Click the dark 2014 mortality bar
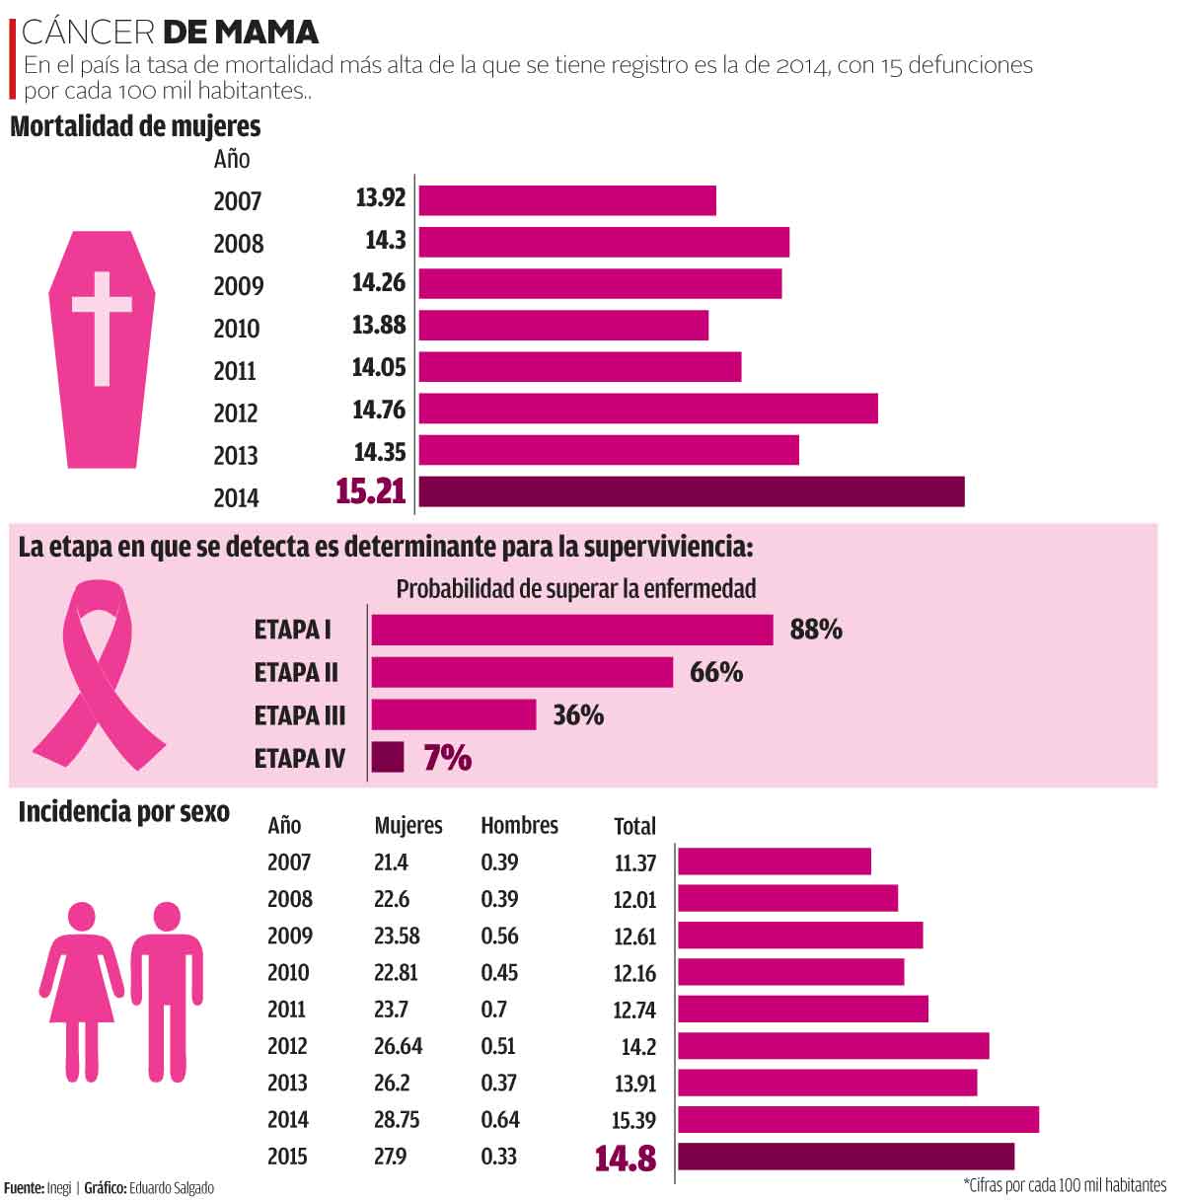click(x=691, y=491)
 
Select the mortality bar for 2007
click(x=567, y=199)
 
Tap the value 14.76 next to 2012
click(x=379, y=410)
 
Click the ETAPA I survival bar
click(x=572, y=630)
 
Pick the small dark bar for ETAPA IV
click(x=388, y=757)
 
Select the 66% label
click(x=716, y=672)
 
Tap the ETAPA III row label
click(x=300, y=715)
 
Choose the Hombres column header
click(x=519, y=826)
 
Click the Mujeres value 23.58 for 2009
click(x=397, y=936)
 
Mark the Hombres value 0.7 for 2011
click(x=494, y=1010)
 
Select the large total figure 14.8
click(x=626, y=1159)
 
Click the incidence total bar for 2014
click(x=858, y=1119)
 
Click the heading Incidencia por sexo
click(x=123, y=812)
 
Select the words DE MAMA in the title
click(x=240, y=33)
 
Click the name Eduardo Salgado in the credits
click(x=171, y=1188)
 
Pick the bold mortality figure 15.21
click(x=371, y=491)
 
